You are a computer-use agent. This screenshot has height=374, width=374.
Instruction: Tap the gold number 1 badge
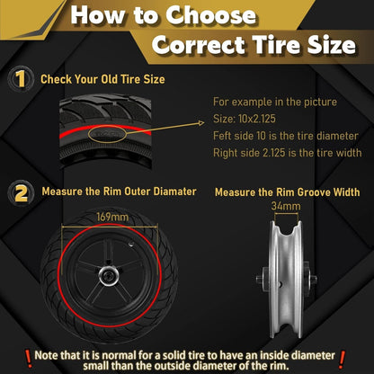[21, 79]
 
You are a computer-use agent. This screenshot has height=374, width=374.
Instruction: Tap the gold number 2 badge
[21, 192]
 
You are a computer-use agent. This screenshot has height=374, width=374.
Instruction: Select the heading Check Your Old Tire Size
[102, 79]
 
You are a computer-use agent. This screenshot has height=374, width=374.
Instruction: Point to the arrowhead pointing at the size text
[201, 123]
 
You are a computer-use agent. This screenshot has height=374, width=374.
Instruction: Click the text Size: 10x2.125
[245, 119]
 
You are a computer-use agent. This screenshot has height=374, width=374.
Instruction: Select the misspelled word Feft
[222, 136]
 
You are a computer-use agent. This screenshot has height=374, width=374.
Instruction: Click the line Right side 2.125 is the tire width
[288, 153]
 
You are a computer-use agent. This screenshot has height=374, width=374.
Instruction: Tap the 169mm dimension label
[112, 217]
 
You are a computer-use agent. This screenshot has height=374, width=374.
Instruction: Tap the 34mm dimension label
[286, 206]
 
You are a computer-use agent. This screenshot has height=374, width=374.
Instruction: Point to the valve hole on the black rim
[131, 245]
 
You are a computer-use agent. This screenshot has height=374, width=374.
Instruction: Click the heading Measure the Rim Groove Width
[288, 192]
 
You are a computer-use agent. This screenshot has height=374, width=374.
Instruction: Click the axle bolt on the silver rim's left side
[260, 279]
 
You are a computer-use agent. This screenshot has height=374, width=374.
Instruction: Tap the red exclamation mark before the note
[29, 359]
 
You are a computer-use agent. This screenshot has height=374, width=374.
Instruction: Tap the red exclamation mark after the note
[343, 360]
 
